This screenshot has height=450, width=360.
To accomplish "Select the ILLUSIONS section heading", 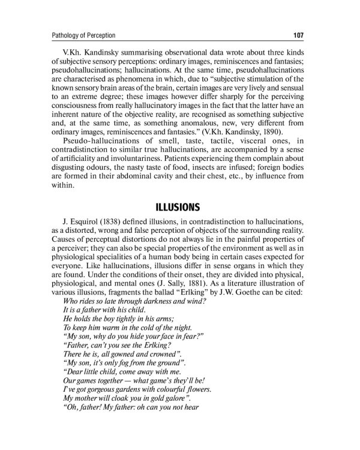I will [178, 208].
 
